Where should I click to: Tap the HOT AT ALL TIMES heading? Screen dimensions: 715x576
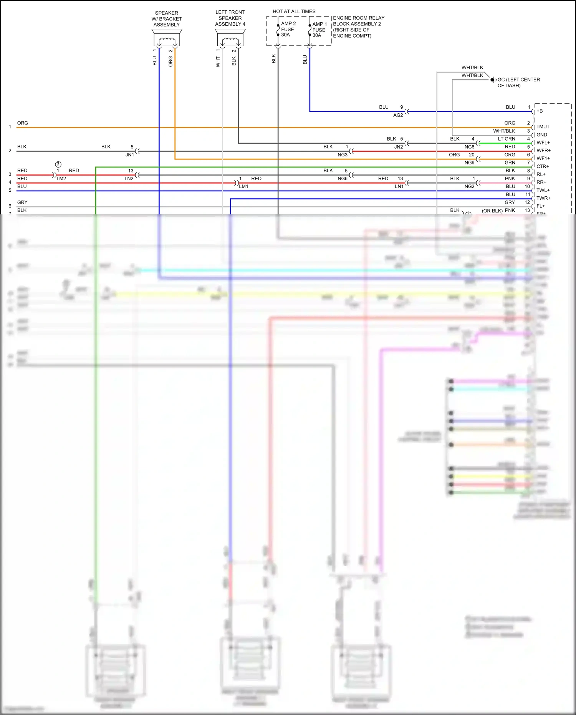[294, 12]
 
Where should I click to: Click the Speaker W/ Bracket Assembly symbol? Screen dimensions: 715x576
[167, 38]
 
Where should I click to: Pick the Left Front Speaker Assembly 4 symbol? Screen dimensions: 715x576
[230, 38]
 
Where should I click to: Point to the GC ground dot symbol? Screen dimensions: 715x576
[492, 80]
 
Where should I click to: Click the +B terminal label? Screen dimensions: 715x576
[540, 111]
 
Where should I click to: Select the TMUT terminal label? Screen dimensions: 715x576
[543, 127]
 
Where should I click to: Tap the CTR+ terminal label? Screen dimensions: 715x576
[543, 166]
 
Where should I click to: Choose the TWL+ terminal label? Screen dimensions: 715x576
[543, 190]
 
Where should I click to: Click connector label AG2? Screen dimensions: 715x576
[398, 115]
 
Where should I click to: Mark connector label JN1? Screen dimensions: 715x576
[129, 155]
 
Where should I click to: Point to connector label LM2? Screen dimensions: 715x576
[61, 179]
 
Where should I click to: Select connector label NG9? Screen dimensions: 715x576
[469, 163]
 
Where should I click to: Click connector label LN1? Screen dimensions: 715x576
[399, 187]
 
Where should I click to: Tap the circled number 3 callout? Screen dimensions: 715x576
[58, 164]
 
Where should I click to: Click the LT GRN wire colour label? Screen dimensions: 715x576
[506, 139]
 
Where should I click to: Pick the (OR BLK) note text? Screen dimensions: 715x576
[492, 211]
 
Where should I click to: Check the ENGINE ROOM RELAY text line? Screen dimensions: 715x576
[358, 18]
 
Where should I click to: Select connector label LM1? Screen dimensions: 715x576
[243, 187]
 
